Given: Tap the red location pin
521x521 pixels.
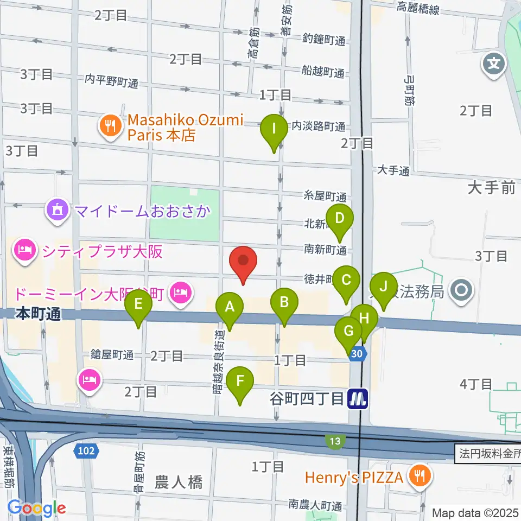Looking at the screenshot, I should coord(243,263).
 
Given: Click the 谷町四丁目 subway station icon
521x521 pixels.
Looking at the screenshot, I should coord(358,399).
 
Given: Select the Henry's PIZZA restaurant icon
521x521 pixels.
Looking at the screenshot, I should coord(420,476).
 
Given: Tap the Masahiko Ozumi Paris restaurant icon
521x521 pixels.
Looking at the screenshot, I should coord(111,126).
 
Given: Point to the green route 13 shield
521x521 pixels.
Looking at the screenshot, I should coord(335,441).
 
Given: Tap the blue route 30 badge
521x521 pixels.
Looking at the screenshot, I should coord(357,353).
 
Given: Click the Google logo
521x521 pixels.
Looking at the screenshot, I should coord(37,507).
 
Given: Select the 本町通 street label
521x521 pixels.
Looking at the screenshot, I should coord(38,314).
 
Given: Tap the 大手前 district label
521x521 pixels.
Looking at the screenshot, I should coord(491,188).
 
